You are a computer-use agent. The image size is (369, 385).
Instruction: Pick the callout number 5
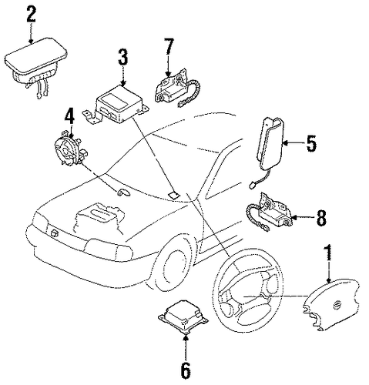click(311, 143)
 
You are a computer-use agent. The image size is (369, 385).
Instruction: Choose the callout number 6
click(186, 370)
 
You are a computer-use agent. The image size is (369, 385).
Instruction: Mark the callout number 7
click(168, 47)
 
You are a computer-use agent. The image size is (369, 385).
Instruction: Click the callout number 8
click(321, 217)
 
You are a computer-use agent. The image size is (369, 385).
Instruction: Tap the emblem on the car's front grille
click(54, 233)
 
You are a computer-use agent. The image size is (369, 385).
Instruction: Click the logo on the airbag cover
click(335, 306)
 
